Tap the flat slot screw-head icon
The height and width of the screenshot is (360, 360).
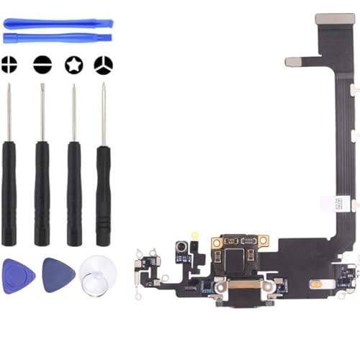42,64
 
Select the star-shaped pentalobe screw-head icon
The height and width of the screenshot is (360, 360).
73,64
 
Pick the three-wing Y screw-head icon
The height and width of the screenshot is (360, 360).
104,64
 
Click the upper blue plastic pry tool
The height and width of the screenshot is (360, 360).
58,24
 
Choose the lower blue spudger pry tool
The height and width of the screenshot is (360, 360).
58,37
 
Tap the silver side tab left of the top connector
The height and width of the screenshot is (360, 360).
293,62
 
